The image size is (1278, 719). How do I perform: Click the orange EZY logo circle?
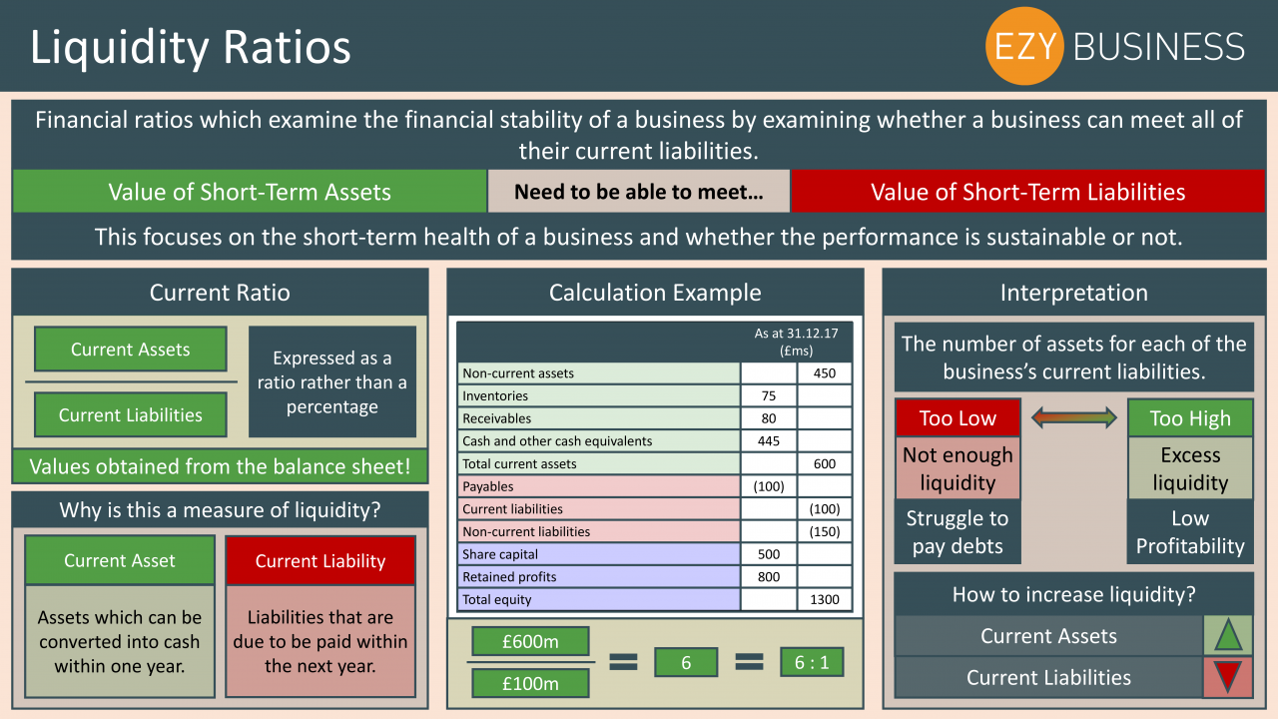coord(1024,46)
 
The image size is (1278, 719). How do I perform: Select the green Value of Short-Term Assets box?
coord(250,192)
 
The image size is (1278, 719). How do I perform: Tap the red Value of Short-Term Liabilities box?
coord(1027,192)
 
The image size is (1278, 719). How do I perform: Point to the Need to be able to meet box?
coord(639,192)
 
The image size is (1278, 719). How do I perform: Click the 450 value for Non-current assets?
coord(825,373)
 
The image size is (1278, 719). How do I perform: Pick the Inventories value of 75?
coord(769,395)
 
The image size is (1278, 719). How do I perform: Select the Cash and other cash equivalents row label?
coord(557,441)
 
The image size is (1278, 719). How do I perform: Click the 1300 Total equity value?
coord(825,599)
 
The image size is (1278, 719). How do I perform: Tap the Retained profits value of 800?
coord(769,577)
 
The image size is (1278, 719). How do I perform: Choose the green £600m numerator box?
coord(530,641)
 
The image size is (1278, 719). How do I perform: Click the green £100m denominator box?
coord(530,683)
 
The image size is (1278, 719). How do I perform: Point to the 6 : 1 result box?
coord(812,662)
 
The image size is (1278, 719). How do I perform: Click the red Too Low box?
coord(958,417)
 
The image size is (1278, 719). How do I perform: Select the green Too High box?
coord(1190,417)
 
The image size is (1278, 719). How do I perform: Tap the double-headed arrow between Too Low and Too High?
coord(1073,417)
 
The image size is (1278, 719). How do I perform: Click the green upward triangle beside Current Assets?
coord(1228,635)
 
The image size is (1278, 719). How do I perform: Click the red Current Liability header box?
coord(320,560)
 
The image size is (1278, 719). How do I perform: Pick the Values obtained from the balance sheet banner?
coord(220,466)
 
